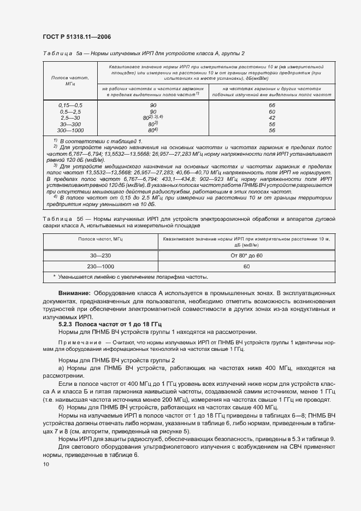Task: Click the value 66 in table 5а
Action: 272,104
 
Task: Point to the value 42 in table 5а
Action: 272,118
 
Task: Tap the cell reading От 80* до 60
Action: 247,255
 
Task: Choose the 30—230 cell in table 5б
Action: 100,255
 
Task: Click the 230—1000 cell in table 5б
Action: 100,266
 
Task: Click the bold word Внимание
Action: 74,293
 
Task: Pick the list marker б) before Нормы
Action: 62,408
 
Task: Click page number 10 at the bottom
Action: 46,464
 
